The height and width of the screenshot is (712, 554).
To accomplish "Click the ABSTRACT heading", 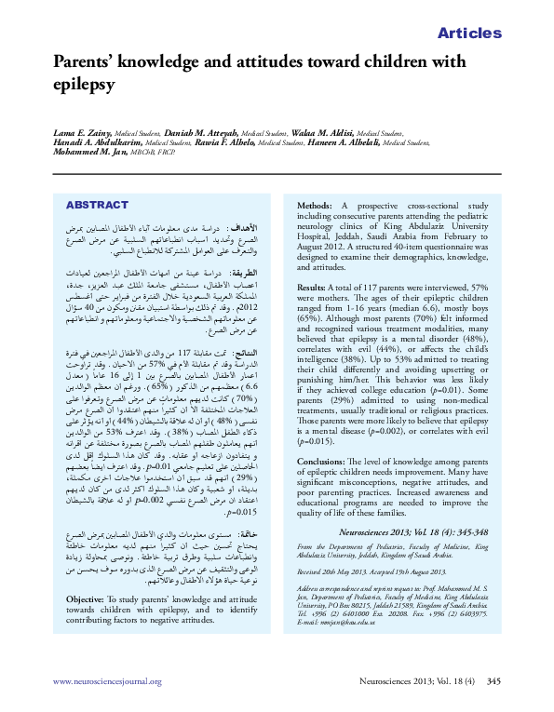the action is [97, 205].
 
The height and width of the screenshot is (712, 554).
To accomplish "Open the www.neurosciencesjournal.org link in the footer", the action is [108, 682].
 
